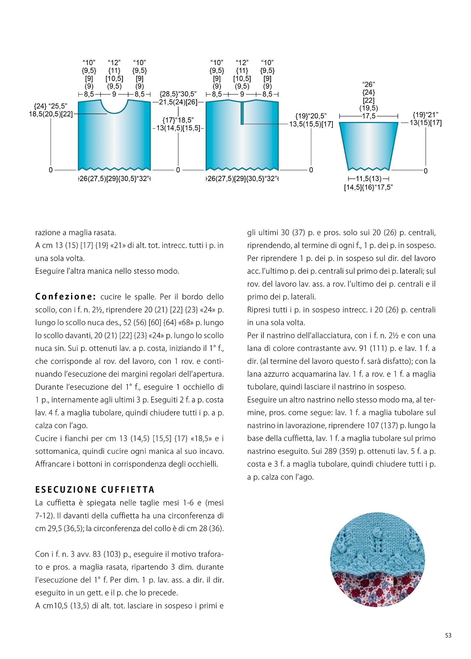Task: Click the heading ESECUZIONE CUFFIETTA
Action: pos(95,490)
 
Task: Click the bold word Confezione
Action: pos(66,297)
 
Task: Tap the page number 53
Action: pos(448,635)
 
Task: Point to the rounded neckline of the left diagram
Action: pos(114,109)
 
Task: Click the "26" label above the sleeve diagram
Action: pos(368,84)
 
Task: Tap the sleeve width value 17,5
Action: pos(368,116)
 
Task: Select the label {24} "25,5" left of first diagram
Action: pos(50,106)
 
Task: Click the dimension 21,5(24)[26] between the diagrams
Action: pos(178,102)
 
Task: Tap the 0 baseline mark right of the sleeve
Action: pos(425,171)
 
